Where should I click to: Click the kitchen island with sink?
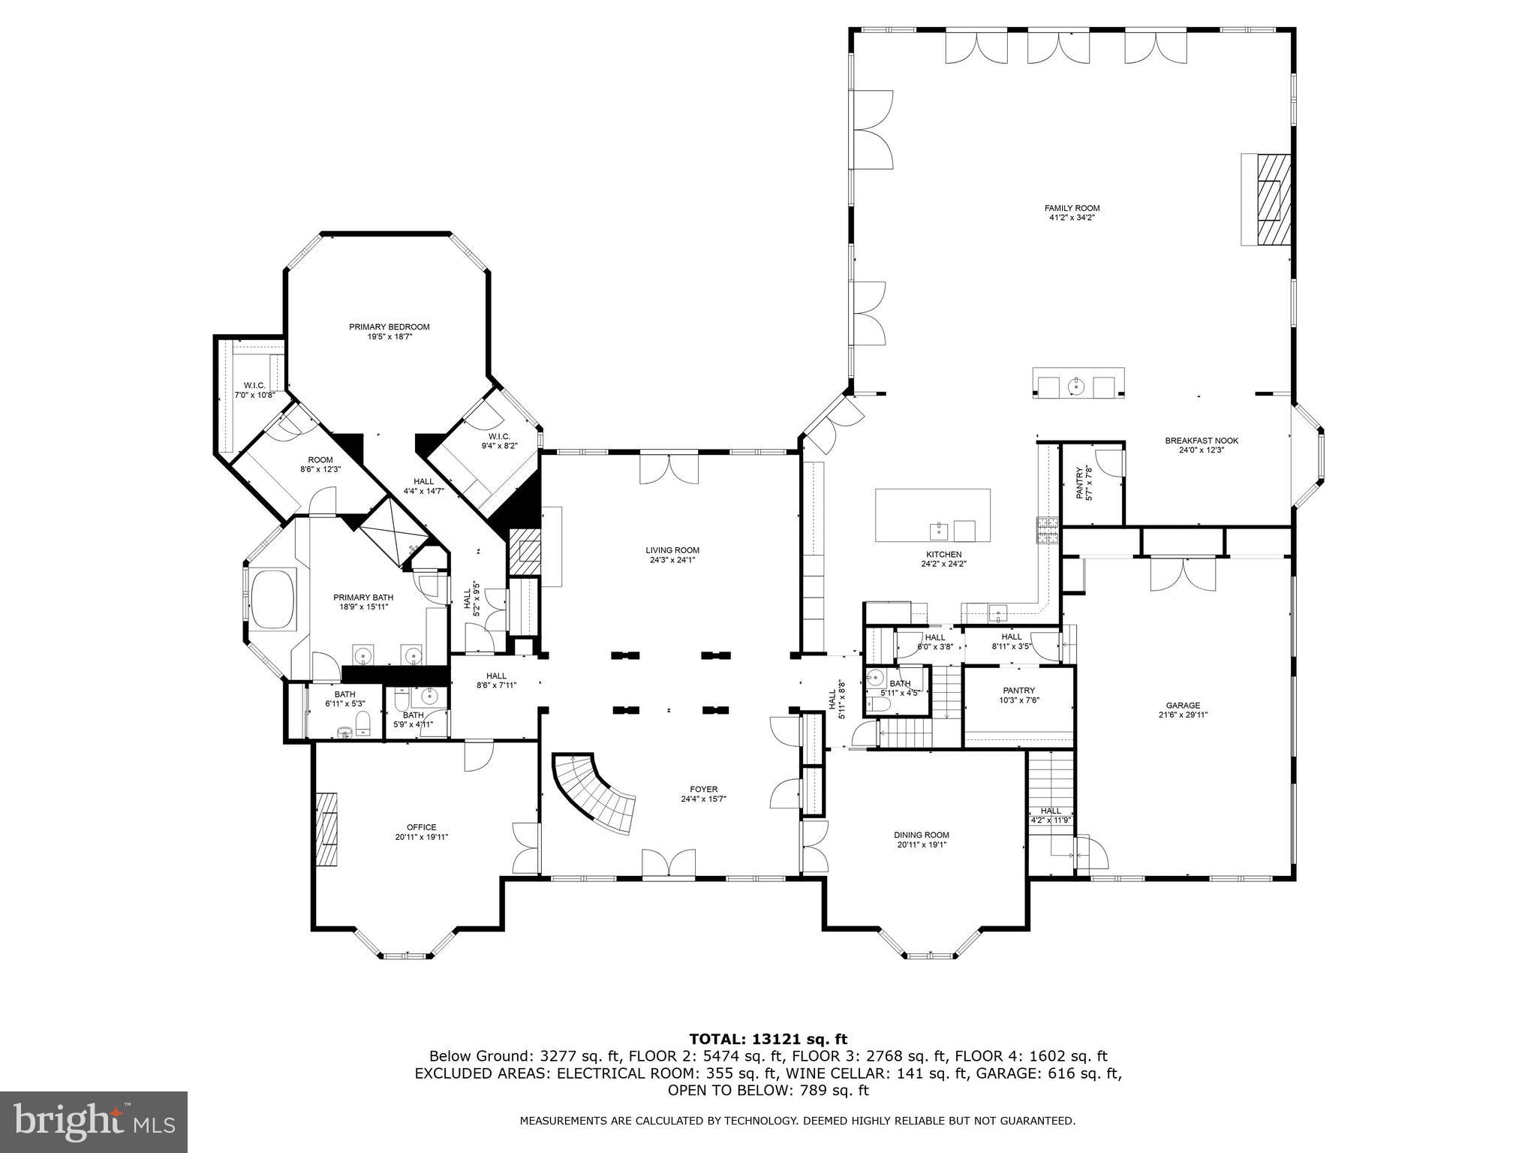(932, 515)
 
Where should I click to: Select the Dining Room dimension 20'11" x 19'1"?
(921, 844)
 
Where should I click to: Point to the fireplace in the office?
(326, 829)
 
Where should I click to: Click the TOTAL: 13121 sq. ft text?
(768, 1039)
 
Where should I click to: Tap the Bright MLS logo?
(94, 1121)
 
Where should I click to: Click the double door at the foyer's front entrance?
(668, 863)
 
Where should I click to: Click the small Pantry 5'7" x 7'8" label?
(1084, 483)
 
